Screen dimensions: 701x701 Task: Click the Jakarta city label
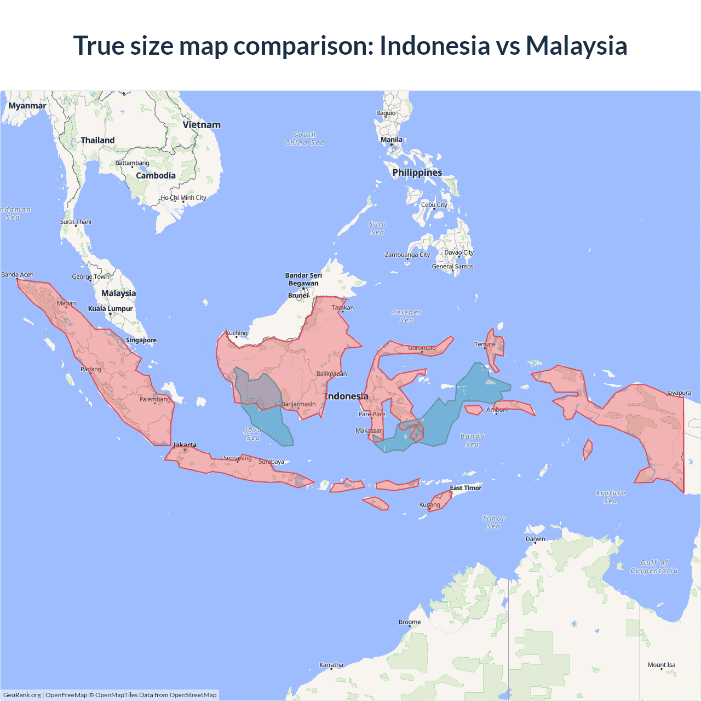click(x=185, y=445)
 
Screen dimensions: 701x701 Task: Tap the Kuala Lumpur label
click(x=111, y=309)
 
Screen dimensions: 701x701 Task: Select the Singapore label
click(x=141, y=340)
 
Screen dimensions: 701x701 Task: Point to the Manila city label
click(x=392, y=140)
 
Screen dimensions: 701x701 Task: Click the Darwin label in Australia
click(x=535, y=539)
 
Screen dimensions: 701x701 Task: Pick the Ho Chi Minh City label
click(x=183, y=198)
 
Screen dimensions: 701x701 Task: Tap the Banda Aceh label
click(x=18, y=275)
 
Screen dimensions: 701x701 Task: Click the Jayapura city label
click(x=679, y=393)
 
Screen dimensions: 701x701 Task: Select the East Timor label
click(x=466, y=488)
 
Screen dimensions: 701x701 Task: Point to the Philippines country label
click(x=417, y=173)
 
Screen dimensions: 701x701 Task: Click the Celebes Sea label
click(x=406, y=316)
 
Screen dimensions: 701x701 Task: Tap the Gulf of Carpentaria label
click(x=654, y=567)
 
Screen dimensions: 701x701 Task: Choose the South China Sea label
click(x=304, y=139)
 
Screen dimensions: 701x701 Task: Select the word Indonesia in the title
click(x=434, y=45)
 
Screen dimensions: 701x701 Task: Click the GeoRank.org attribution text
click(x=22, y=695)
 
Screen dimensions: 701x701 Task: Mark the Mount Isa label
click(x=662, y=665)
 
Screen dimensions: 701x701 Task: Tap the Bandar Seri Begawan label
click(x=303, y=279)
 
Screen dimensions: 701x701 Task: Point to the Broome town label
click(x=410, y=622)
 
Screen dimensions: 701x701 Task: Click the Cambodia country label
click(x=156, y=176)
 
